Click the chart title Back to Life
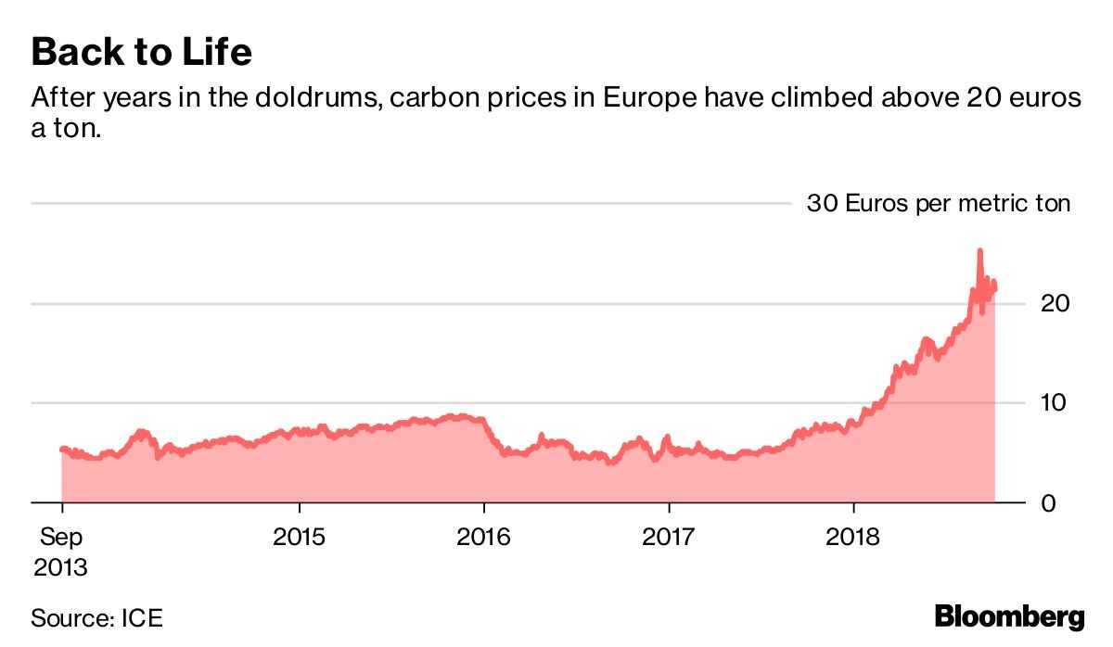(141, 52)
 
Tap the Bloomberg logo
(1009, 616)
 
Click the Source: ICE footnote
(90, 618)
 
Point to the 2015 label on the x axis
(300, 538)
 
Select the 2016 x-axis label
(484, 538)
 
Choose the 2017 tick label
(669, 538)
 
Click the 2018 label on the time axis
(853, 538)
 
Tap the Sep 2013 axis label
(61, 552)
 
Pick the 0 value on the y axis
(1049, 503)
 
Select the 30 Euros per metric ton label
(938, 203)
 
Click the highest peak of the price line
(979, 250)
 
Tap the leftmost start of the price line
(61, 450)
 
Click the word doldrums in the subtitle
(301, 98)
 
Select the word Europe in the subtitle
(649, 98)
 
